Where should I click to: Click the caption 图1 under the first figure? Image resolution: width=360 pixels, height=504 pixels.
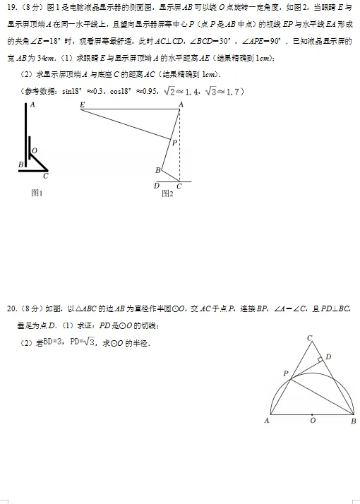[37, 193]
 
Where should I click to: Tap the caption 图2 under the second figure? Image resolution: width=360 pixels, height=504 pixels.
[167, 193]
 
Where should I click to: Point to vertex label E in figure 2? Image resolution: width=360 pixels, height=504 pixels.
[83, 104]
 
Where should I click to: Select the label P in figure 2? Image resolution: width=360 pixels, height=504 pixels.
[175, 143]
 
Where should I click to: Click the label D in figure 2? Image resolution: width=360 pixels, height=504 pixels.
[156, 186]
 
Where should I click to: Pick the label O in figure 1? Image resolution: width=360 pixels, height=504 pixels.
[34, 150]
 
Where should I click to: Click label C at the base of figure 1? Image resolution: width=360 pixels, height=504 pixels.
[46, 177]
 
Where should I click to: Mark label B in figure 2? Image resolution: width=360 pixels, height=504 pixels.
[157, 170]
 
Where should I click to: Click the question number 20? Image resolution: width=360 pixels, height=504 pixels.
[11, 308]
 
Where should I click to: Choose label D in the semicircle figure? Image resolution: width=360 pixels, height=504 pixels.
[328, 357]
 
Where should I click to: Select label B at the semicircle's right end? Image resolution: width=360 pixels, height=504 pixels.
[353, 421]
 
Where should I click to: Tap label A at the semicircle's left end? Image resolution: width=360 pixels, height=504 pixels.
[266, 421]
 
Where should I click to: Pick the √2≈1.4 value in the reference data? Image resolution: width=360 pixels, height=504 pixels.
[184, 90]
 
